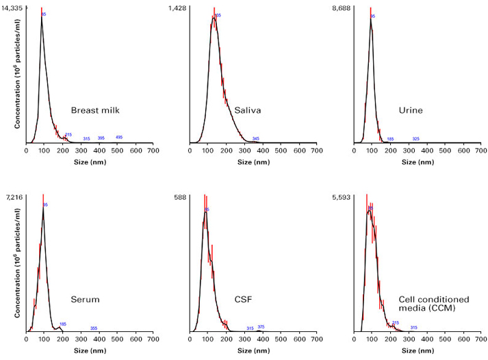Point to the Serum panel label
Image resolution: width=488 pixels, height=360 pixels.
(x=86, y=299)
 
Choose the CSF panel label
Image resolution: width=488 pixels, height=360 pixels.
(x=243, y=299)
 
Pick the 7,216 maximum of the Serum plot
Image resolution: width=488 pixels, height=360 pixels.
(x=14, y=196)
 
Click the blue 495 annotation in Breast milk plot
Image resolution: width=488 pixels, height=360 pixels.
(x=118, y=138)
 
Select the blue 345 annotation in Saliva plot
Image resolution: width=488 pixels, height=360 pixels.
(x=255, y=139)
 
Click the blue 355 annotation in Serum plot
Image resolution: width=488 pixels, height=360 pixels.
(x=93, y=329)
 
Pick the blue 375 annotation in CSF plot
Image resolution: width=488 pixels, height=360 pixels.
(x=261, y=327)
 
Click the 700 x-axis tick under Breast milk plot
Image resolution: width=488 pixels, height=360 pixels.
(x=153, y=151)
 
